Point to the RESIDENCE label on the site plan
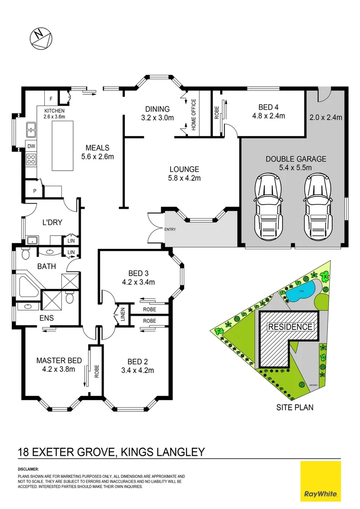coord(290,327)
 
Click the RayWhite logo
coord(321,482)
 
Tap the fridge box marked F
coord(50,99)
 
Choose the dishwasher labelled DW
coord(31,147)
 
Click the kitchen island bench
coord(63,146)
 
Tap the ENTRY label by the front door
coord(170,230)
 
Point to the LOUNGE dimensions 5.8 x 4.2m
coord(185,178)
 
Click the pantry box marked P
coord(34,191)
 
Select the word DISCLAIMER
coord(28,470)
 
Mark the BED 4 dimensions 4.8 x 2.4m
coord(268,115)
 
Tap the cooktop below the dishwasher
coord(31,159)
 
